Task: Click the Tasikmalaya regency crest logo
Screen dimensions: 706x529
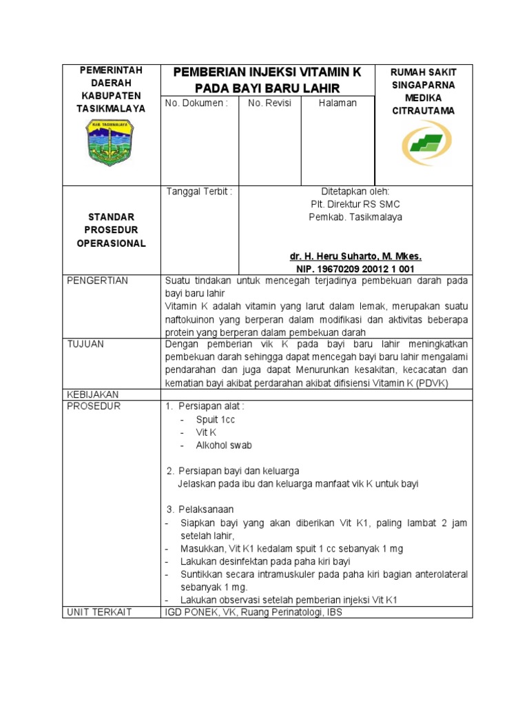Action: [109, 143]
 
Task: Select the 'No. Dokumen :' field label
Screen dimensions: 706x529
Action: [196, 103]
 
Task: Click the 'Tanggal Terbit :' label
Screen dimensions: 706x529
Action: [199, 192]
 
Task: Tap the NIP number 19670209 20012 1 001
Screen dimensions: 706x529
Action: [355, 268]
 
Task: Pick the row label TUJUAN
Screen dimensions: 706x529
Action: [85, 344]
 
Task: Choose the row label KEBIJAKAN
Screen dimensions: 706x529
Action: [93, 394]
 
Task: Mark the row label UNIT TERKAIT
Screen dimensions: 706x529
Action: [99, 612]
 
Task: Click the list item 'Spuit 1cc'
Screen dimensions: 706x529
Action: [217, 419]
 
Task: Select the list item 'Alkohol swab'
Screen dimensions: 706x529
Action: [224, 445]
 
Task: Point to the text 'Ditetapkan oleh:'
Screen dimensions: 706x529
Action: [355, 192]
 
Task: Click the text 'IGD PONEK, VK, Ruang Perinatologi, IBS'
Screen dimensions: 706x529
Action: [253, 612]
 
